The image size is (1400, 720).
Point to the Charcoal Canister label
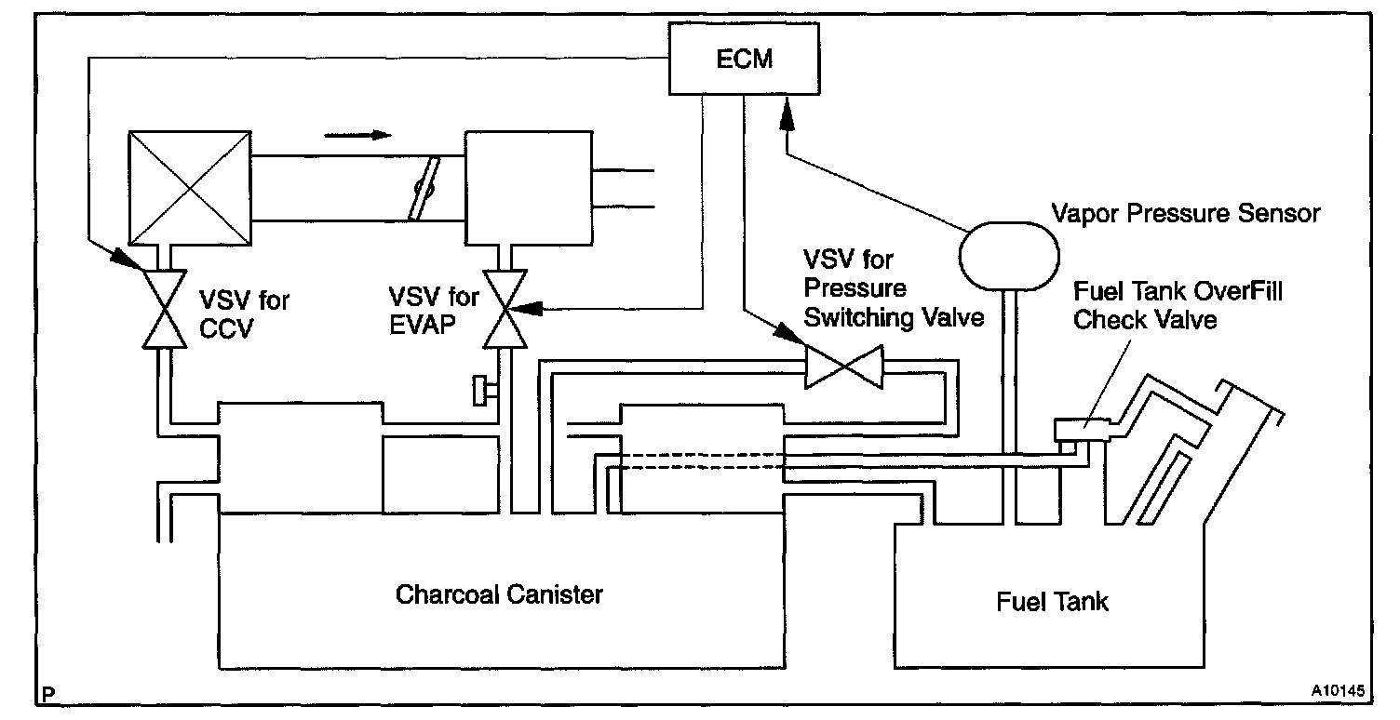click(x=499, y=593)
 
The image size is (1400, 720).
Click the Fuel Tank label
click(x=1053, y=601)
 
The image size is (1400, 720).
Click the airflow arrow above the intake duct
click(x=358, y=135)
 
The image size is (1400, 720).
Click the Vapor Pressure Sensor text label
click(x=1185, y=213)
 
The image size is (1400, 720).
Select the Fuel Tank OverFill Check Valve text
click(x=1177, y=306)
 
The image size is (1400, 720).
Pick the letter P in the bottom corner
click(x=47, y=694)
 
